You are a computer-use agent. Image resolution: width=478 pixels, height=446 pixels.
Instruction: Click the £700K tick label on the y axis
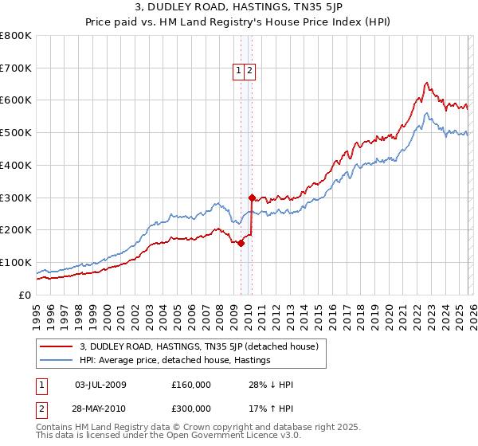click(16, 68)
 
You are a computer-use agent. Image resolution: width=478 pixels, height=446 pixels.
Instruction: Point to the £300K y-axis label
click(16, 198)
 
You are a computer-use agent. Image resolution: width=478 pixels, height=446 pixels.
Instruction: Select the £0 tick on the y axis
click(25, 295)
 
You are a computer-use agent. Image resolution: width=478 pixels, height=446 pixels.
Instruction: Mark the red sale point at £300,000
click(252, 198)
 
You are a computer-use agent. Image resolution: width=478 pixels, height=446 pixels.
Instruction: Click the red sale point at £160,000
click(240, 243)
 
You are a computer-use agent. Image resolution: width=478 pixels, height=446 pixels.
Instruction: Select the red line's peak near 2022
click(427, 83)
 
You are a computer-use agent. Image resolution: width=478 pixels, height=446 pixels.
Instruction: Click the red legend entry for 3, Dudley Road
click(199, 346)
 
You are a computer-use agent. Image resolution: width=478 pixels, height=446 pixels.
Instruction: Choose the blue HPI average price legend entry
click(175, 361)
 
